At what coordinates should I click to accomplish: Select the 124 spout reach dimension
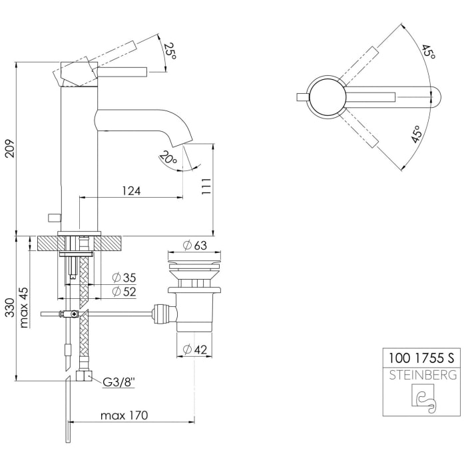(130, 190)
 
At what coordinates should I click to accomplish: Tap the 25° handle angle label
(169, 51)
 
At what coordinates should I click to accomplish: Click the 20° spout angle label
(168, 159)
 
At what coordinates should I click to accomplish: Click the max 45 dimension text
(25, 308)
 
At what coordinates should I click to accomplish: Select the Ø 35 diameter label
(124, 278)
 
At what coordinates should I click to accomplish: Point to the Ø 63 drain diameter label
(195, 246)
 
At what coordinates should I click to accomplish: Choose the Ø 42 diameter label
(195, 348)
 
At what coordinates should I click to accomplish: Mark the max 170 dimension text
(124, 415)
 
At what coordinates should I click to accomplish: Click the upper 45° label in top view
(427, 52)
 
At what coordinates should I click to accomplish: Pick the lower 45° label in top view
(417, 135)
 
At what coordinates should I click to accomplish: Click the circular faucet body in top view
(326, 97)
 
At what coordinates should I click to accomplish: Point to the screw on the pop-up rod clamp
(76, 314)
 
